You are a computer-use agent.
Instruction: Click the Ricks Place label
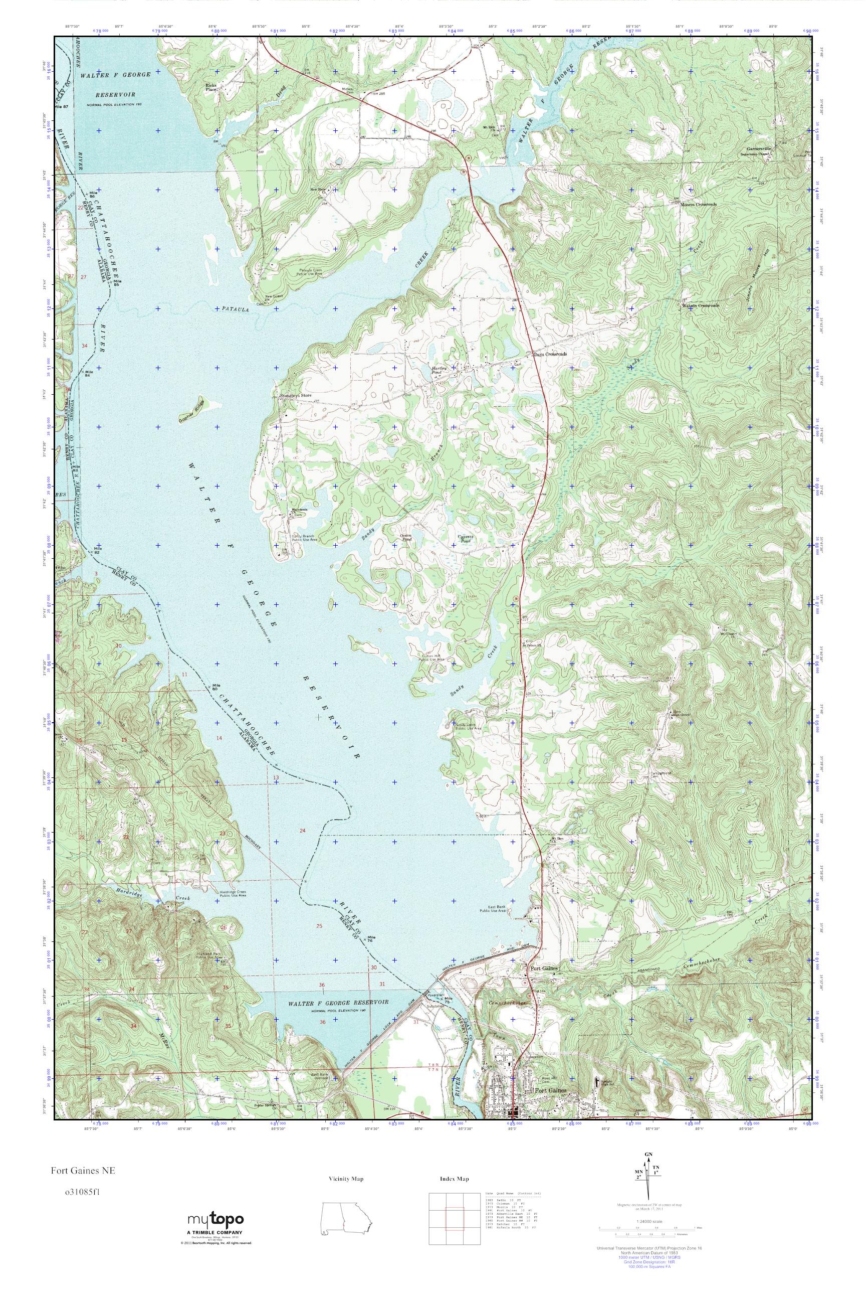[211, 87]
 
